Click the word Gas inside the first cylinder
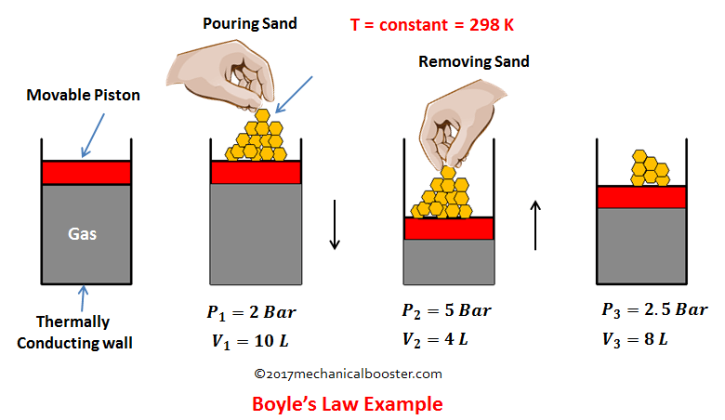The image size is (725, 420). pyautogui.click(x=83, y=234)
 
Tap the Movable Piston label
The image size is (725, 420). pyautogui.click(x=84, y=95)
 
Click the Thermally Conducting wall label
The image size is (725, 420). pyautogui.click(x=74, y=333)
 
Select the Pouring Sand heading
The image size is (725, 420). pyautogui.click(x=250, y=23)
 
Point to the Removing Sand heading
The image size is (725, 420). pyautogui.click(x=474, y=61)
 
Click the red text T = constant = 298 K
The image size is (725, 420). pyautogui.click(x=432, y=25)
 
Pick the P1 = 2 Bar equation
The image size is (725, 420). pyautogui.click(x=251, y=313)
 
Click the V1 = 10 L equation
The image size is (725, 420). pyautogui.click(x=250, y=342)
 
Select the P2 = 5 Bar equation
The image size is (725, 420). pyautogui.click(x=447, y=311)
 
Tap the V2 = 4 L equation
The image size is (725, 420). pyautogui.click(x=435, y=339)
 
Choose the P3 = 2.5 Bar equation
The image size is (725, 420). pyautogui.click(x=654, y=310)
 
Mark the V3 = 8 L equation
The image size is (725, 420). pyautogui.click(x=635, y=339)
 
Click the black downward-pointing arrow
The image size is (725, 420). pyautogui.click(x=335, y=225)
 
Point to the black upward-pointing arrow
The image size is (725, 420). pyautogui.click(x=535, y=225)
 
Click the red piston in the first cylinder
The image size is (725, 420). pyautogui.click(x=86, y=173)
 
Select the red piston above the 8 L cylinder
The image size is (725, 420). pyautogui.click(x=641, y=197)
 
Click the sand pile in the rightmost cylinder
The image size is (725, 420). pyautogui.click(x=650, y=168)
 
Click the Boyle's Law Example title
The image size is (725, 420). pyautogui.click(x=348, y=404)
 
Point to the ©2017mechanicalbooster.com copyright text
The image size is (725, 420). pyautogui.click(x=348, y=374)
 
